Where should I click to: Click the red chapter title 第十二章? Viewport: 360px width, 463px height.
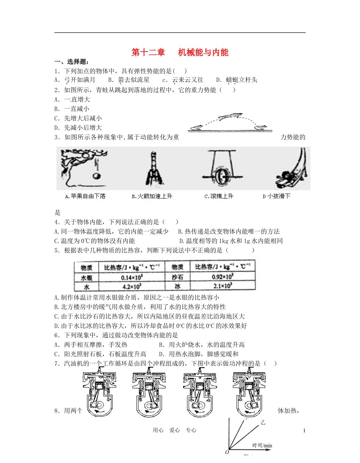tap(148, 52)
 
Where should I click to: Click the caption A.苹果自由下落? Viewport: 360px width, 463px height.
tap(85, 196)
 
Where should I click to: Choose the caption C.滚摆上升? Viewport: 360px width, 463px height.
tap(219, 196)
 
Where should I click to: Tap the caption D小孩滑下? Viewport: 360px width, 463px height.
tap(276, 196)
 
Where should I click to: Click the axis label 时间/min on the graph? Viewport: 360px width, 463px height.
tap(262, 446)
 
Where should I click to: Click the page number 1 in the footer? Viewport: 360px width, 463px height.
tap(304, 430)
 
